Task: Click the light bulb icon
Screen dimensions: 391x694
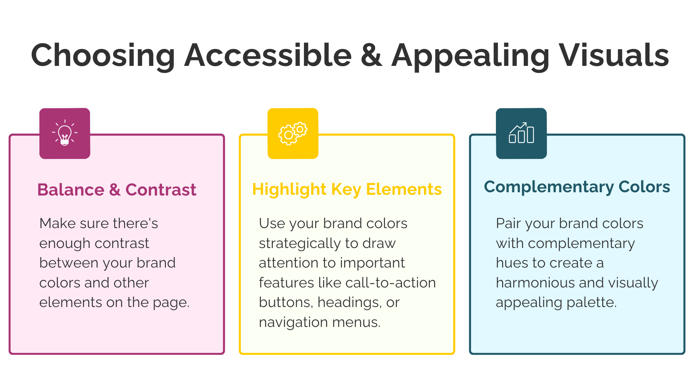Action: (65, 133)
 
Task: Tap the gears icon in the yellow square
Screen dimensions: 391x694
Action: (293, 134)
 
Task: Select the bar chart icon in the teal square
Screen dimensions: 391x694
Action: (521, 133)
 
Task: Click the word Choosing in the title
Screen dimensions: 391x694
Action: (103, 55)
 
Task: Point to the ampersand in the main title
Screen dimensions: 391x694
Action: (372, 55)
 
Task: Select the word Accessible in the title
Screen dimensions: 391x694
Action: (268, 55)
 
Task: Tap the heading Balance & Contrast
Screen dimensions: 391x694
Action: (117, 190)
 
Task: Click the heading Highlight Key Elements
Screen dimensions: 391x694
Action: (347, 189)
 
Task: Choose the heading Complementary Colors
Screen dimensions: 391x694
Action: (577, 187)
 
